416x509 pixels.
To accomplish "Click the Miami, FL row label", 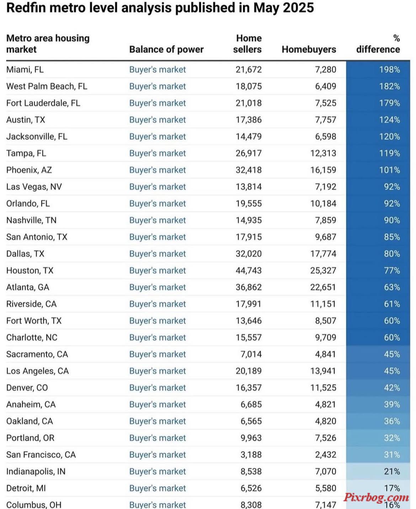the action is [x=25, y=69].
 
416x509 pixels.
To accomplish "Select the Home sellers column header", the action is [x=247, y=44].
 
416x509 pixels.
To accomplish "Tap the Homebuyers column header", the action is [x=309, y=49].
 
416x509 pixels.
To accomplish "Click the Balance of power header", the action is [x=166, y=49].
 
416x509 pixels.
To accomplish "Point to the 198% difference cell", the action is [x=389, y=69].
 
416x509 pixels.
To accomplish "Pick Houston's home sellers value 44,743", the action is [x=249, y=271].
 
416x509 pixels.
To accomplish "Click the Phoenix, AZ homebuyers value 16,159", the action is [x=323, y=170].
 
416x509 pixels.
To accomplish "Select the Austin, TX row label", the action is [x=26, y=120].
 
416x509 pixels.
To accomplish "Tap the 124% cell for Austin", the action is [x=389, y=120].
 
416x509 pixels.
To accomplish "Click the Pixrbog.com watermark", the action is [x=376, y=497].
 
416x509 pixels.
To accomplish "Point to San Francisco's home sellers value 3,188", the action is [x=251, y=455].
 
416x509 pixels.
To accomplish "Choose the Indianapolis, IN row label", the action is [x=36, y=471].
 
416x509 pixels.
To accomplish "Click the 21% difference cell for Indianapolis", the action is [x=392, y=471].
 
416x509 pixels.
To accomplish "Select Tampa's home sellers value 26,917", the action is [x=249, y=153].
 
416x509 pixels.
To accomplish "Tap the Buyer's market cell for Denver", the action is [x=158, y=388].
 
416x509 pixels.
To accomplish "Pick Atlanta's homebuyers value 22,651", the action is [x=323, y=287].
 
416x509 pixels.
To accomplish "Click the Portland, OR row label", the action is [x=30, y=438].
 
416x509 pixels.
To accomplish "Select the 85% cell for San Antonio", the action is [x=392, y=237].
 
